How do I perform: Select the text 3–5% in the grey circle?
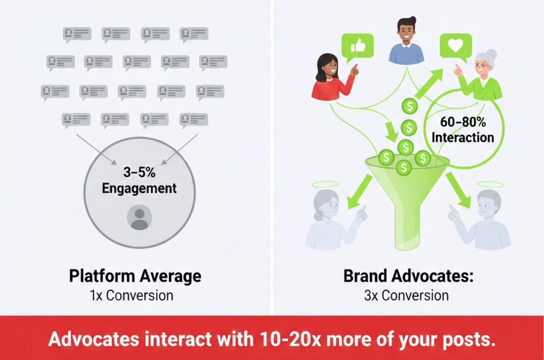139,172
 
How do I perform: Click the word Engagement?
139,189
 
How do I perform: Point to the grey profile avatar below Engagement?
139,217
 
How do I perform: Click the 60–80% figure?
463,122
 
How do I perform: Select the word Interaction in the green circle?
463,138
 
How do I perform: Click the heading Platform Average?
135,276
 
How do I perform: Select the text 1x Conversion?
132,296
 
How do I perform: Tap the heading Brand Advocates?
408,276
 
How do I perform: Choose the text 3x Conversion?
406,296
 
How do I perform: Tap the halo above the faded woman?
325,185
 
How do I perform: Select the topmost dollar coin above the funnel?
410,106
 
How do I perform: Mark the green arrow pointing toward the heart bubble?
429,83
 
